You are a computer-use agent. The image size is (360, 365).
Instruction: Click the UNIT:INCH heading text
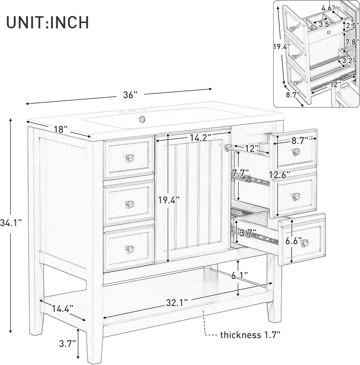pyautogui.click(x=47, y=22)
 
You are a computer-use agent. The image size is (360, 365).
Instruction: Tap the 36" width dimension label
pyautogui.click(x=130, y=95)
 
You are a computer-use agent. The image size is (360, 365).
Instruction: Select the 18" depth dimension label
pyautogui.click(x=61, y=129)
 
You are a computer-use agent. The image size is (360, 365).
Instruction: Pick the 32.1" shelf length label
pyautogui.click(x=176, y=303)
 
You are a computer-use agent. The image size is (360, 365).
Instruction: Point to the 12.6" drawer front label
pyautogui.click(x=280, y=175)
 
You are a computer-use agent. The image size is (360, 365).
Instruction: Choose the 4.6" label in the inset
pyautogui.click(x=328, y=8)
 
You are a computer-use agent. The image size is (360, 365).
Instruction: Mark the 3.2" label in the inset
pyautogui.click(x=348, y=61)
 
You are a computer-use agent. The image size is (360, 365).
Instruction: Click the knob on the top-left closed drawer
pyautogui.click(x=130, y=158)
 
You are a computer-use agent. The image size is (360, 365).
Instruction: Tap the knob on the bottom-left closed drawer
pyautogui.click(x=130, y=249)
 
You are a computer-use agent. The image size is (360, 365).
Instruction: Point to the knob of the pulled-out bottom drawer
pyautogui.click(x=305, y=243)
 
